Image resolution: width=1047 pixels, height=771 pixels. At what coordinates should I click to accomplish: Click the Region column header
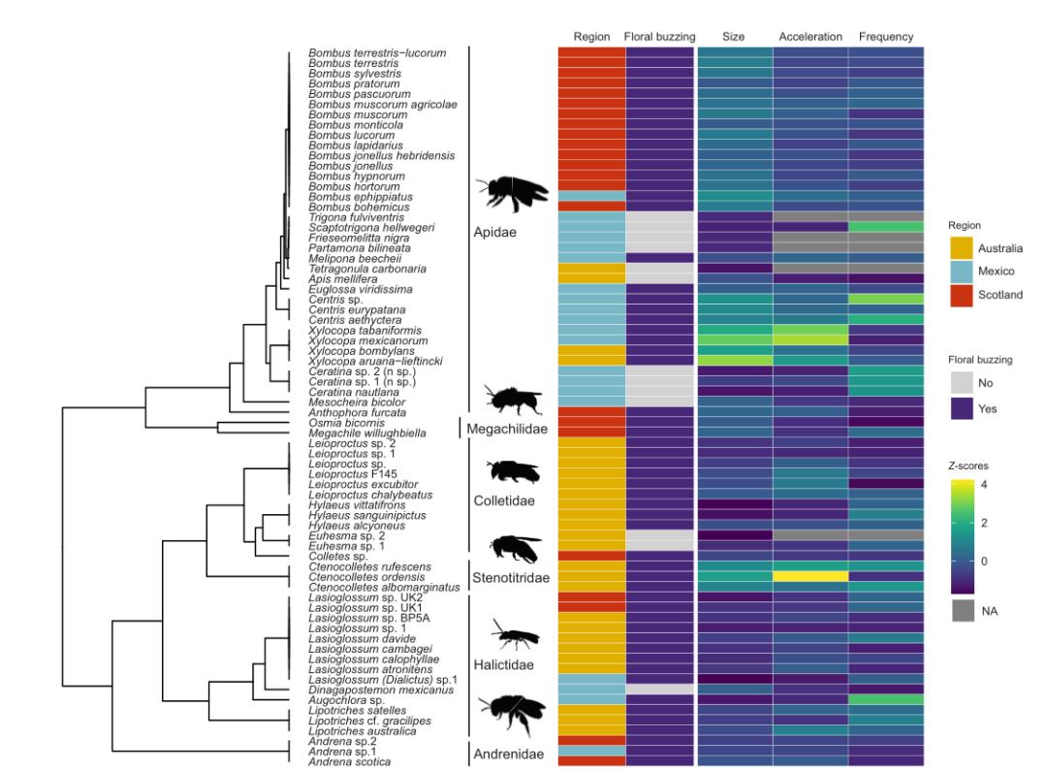pos(591,37)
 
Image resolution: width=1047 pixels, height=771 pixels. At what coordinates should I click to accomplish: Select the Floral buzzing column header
pos(660,37)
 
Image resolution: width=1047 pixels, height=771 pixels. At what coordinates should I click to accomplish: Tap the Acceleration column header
pos(809,37)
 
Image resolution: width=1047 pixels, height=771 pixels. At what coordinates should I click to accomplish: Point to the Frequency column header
pos(885,37)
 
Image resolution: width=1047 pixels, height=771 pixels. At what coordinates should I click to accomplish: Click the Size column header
pos(734,37)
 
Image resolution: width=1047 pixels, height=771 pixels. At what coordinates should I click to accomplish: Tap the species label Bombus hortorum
pos(347,186)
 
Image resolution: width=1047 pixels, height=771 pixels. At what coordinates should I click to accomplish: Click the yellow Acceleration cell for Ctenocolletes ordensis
pos(809,576)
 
